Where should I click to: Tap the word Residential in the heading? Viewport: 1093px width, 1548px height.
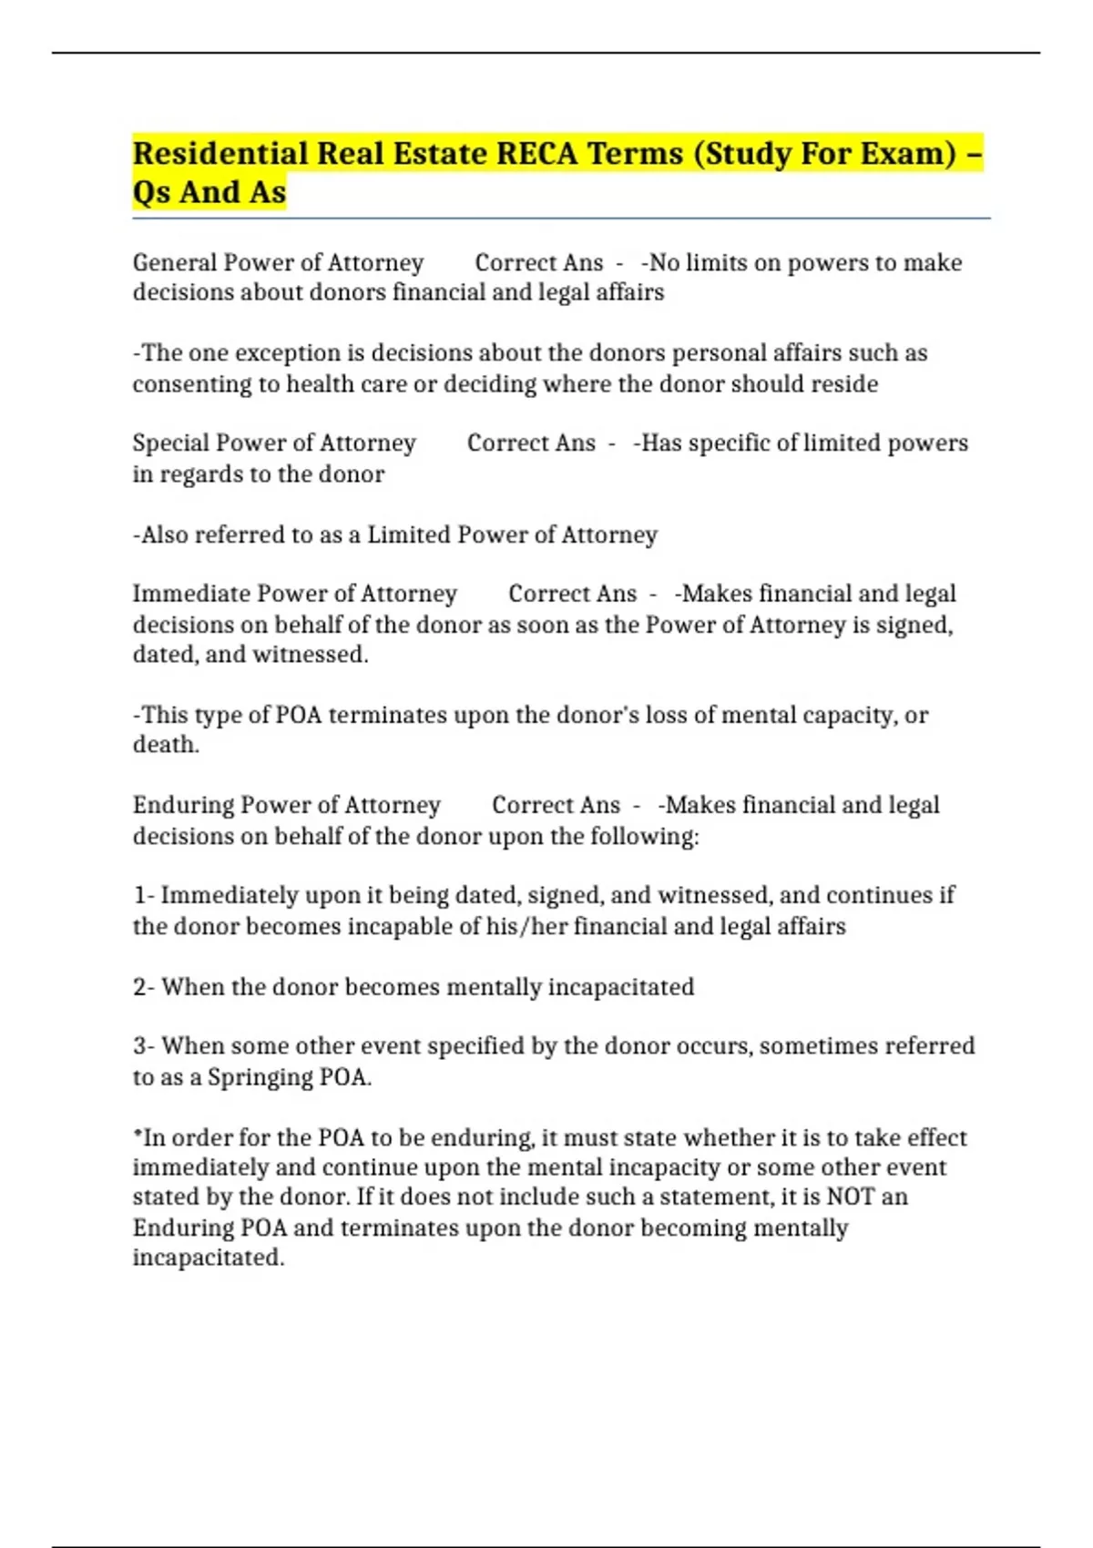220,153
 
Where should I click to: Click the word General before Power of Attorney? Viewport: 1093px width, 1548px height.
174,263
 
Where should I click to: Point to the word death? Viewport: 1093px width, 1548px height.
165,745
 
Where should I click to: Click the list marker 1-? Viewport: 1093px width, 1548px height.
144,896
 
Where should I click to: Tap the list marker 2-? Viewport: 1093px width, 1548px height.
144,987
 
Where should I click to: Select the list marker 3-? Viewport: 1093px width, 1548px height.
144,1046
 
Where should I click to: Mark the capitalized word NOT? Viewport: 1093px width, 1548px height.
850,1197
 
